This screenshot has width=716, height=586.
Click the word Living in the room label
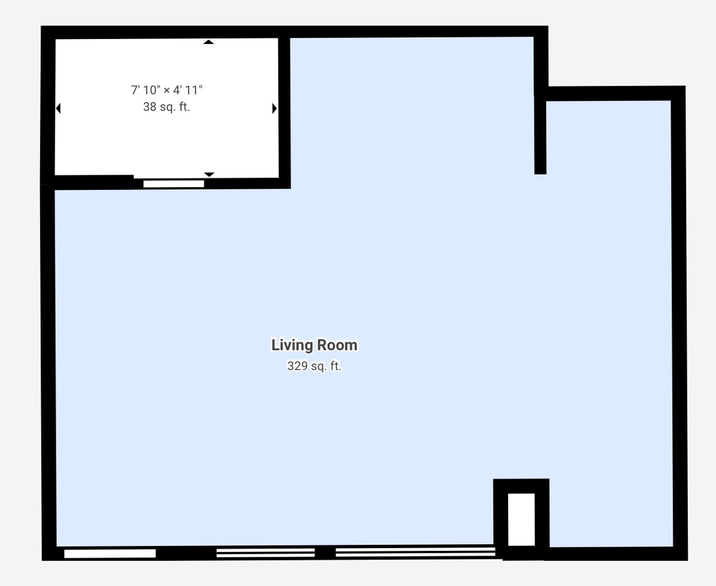(291, 345)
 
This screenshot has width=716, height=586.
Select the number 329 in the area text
(297, 366)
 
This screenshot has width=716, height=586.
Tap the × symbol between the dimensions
(167, 91)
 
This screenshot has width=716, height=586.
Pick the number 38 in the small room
(150, 107)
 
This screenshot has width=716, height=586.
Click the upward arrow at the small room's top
(209, 42)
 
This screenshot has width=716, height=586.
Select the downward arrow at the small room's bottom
(209, 174)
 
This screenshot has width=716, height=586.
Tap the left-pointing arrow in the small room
(58, 109)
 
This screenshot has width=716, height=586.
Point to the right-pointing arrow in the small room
(274, 109)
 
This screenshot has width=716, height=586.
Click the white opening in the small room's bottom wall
(174, 184)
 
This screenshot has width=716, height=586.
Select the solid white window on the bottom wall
(110, 553)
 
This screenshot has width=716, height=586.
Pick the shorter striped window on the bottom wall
(265, 553)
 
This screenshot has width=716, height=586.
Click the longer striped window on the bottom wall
(415, 552)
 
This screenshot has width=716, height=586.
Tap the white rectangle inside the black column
(521, 519)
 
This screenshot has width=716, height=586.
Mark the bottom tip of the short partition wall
(540, 171)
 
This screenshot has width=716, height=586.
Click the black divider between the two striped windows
(325, 553)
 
